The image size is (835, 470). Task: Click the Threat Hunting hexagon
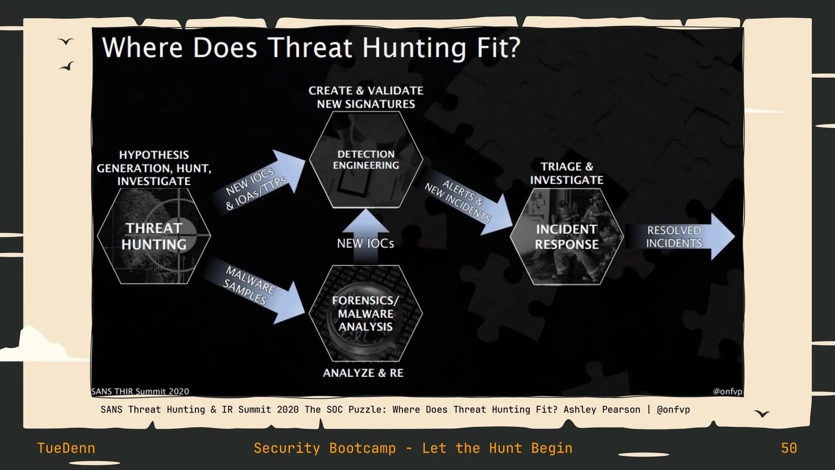click(154, 236)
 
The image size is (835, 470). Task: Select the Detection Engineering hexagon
click(366, 160)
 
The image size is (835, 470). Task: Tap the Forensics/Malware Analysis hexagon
click(366, 313)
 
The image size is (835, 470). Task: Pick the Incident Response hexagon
click(567, 237)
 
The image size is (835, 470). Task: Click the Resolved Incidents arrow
click(679, 237)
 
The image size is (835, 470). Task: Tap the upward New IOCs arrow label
click(365, 244)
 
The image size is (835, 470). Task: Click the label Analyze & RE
click(363, 373)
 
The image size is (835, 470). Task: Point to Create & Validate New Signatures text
click(366, 97)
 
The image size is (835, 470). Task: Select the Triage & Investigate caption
click(567, 173)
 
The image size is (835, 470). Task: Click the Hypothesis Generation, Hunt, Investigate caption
click(154, 168)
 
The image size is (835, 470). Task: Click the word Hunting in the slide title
click(414, 48)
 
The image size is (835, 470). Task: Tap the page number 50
click(789, 448)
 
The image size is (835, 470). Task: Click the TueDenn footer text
click(66, 448)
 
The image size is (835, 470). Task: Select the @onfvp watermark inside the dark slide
click(727, 391)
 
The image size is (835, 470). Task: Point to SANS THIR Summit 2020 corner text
click(140, 391)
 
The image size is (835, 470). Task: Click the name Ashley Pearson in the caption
click(601, 410)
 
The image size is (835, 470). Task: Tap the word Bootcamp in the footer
click(362, 448)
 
